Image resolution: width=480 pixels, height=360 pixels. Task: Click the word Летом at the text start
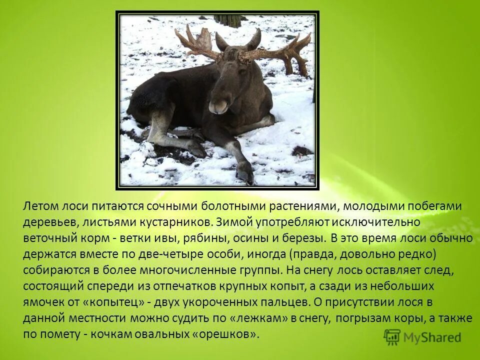click(x=40, y=206)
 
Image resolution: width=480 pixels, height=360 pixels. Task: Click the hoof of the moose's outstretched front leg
click(x=245, y=172)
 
